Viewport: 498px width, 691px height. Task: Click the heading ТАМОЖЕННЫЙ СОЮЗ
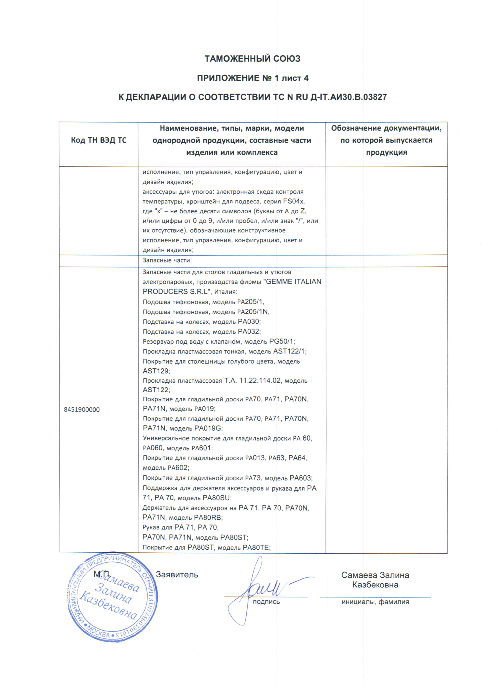tap(252, 59)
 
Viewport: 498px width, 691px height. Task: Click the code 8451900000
tap(82, 410)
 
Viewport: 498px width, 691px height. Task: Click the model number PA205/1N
tap(253, 312)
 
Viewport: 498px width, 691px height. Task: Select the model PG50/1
tap(282, 342)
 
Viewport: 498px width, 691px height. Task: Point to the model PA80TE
tap(256, 548)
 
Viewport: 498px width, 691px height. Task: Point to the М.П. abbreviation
tap(101, 574)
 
